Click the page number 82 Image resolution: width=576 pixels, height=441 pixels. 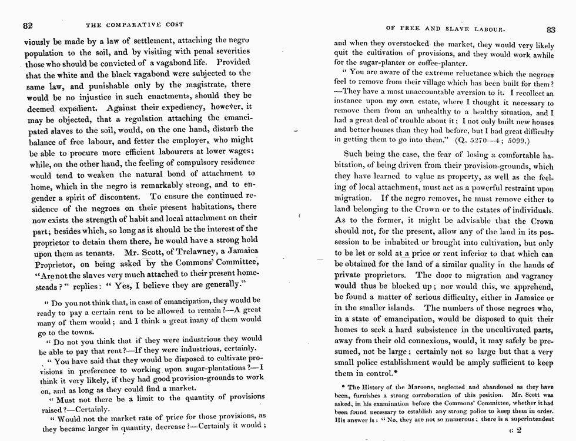tap(27, 25)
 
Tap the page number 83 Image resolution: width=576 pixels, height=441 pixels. tap(550, 29)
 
